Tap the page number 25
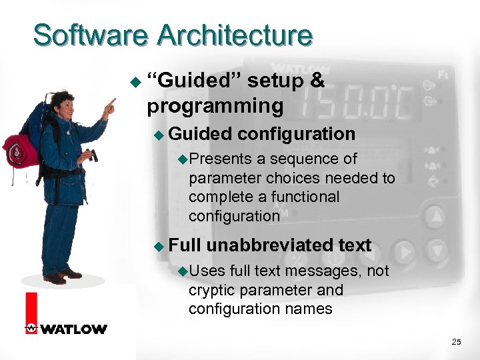tap(456, 342)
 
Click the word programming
tap(215, 106)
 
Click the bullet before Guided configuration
tap(158, 135)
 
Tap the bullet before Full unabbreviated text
tap(158, 246)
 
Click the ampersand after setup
tap(317, 81)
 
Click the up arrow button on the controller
tap(435, 216)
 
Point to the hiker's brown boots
tap(64, 275)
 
